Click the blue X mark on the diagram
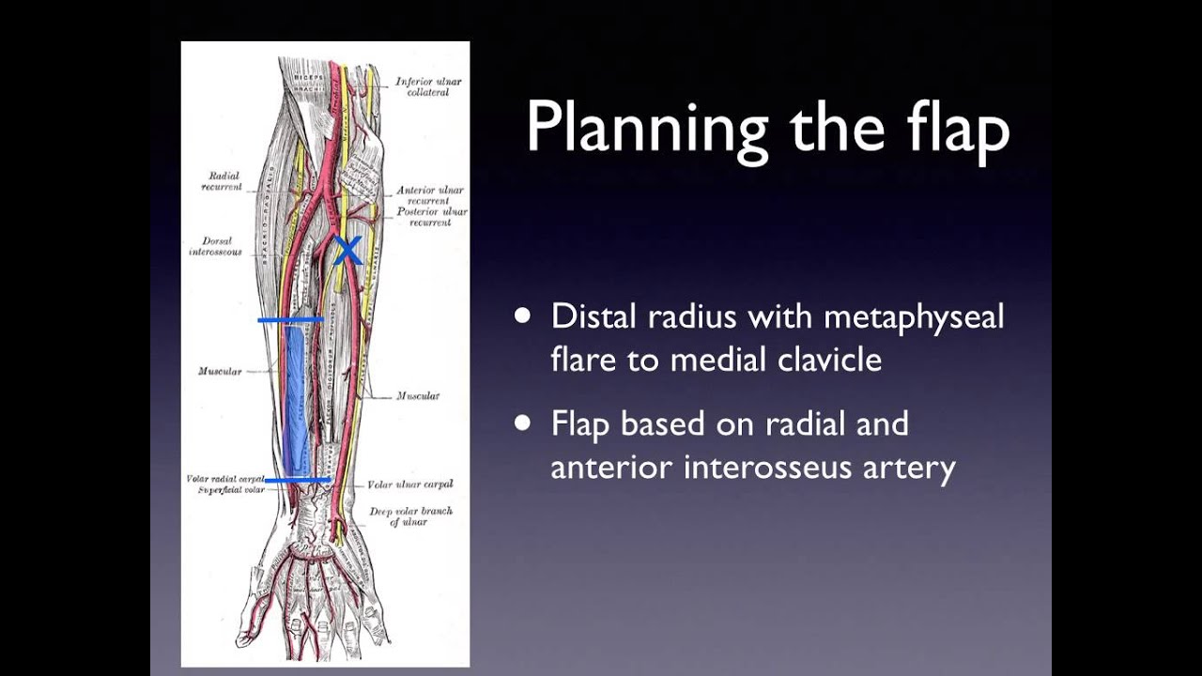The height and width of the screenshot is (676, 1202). (x=347, y=250)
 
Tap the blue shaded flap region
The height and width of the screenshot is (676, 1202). (x=296, y=399)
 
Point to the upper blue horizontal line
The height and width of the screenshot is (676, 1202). (x=290, y=320)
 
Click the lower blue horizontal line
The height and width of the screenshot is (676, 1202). (x=297, y=480)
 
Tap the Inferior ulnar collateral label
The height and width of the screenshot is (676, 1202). (x=428, y=86)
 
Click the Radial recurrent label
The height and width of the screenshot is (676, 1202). (x=222, y=181)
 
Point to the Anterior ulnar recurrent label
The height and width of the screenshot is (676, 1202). (x=431, y=195)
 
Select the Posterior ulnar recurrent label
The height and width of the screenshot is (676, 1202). (x=431, y=217)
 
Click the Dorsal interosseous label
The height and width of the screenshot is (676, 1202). (x=216, y=246)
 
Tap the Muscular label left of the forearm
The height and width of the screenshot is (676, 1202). (x=220, y=372)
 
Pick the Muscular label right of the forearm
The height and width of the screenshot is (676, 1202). (x=418, y=396)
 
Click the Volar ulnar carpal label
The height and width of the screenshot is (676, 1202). (x=410, y=484)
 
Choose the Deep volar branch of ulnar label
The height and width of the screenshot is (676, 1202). (x=410, y=515)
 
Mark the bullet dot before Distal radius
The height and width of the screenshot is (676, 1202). (x=523, y=316)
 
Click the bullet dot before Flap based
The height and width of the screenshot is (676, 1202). (x=523, y=423)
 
